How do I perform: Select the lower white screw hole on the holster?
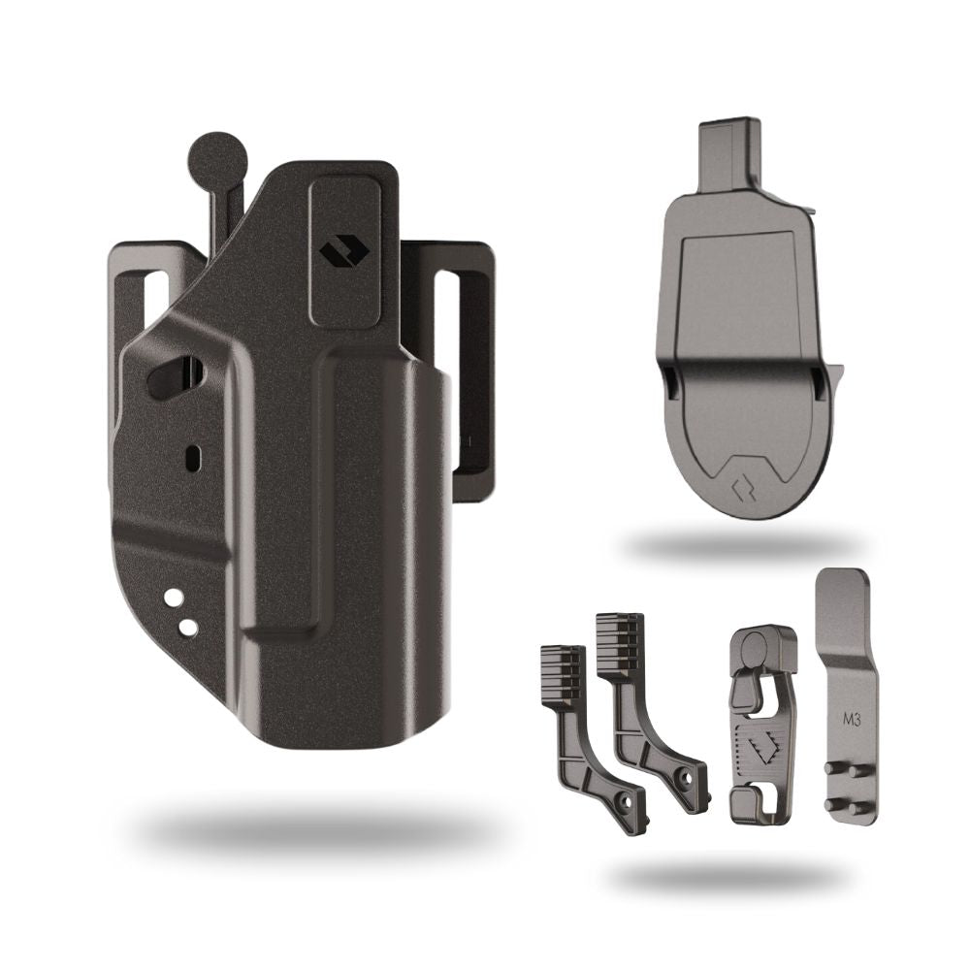click(188, 628)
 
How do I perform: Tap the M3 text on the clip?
click(852, 720)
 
